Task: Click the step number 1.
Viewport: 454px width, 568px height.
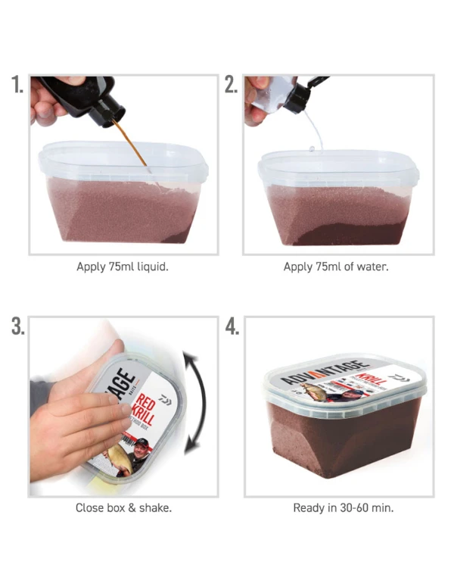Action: (17, 84)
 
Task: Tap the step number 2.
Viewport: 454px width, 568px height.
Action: (231, 84)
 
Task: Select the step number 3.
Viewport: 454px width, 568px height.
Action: (17, 326)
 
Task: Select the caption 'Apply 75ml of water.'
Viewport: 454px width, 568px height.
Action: (336, 267)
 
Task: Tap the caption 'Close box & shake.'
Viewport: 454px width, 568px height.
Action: (123, 507)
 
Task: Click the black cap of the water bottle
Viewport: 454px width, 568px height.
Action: (300, 95)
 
